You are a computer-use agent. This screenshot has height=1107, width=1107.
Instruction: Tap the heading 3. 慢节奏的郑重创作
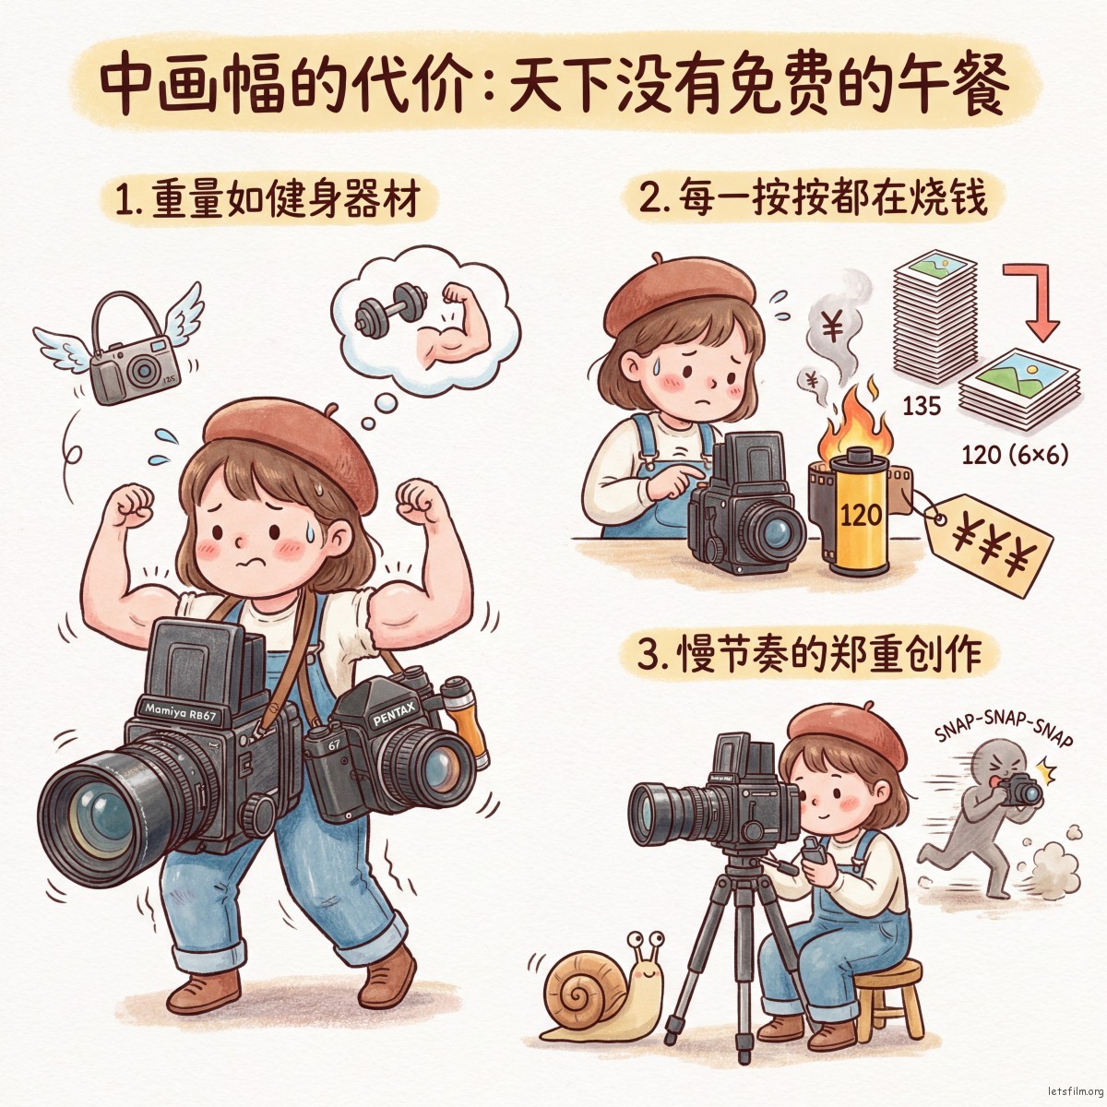click(815, 655)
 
